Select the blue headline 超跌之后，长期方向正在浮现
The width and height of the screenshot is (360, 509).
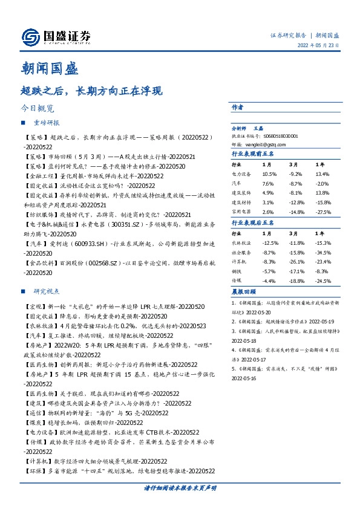(x=92, y=92)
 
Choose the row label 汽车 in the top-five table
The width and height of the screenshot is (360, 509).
(x=237, y=183)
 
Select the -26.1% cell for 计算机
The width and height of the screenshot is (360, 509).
(x=296, y=261)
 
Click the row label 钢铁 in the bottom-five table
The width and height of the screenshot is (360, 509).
(x=237, y=271)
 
